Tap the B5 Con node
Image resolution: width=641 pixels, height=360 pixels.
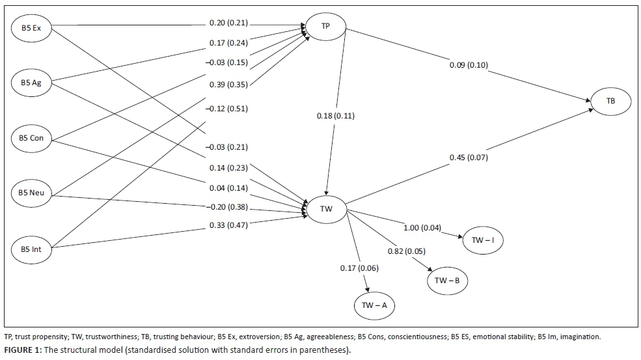(x=32, y=138)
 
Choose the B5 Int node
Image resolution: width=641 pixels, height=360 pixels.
(x=32, y=248)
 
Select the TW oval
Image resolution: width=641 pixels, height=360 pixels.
(x=327, y=210)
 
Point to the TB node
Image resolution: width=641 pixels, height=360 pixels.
(x=610, y=101)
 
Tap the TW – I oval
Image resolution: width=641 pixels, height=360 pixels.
(x=482, y=240)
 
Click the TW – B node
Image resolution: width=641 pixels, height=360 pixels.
(x=447, y=280)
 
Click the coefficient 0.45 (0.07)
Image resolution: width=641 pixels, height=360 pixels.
(x=469, y=157)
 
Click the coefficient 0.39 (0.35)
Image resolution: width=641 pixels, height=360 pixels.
(x=228, y=84)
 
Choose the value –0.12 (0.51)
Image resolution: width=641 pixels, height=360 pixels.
(x=228, y=108)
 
